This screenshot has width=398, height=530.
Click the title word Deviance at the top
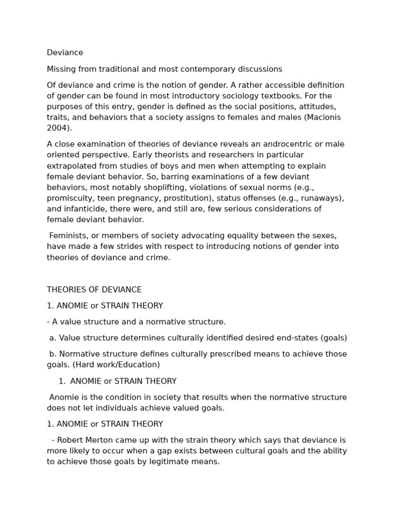click(65, 53)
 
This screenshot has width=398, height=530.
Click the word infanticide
click(85, 209)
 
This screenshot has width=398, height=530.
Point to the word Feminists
click(70, 236)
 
